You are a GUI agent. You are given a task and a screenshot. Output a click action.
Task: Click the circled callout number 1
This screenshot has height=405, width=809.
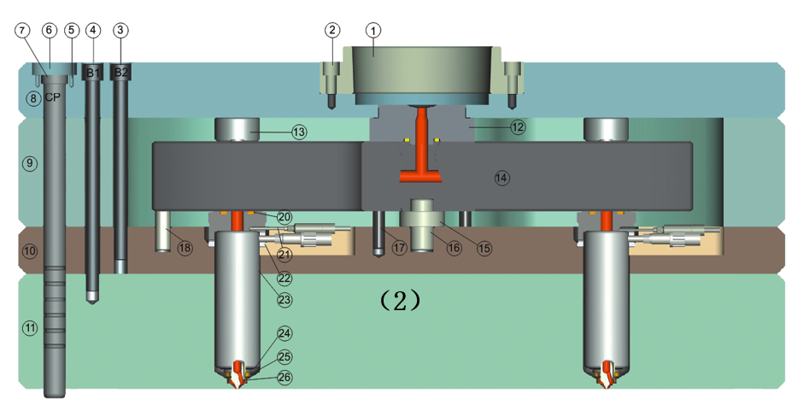(372, 30)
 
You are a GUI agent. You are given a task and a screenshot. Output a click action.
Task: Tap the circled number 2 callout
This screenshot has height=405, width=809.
(332, 30)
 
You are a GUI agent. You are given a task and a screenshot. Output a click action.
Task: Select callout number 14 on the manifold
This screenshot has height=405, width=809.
(501, 178)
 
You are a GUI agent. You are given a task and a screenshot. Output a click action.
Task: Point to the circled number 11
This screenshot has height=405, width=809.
(30, 327)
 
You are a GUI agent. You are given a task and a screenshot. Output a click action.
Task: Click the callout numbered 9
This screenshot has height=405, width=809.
(30, 161)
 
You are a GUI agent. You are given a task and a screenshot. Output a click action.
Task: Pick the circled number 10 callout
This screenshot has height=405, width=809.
(30, 251)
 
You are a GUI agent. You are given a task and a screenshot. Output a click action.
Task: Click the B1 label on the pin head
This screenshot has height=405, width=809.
(92, 73)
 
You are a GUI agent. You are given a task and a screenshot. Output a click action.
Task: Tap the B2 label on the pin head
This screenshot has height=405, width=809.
(121, 72)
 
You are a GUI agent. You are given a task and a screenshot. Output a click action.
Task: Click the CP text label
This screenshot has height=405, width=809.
(52, 97)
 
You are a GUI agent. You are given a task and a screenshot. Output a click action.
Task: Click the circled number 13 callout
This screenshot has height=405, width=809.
(298, 132)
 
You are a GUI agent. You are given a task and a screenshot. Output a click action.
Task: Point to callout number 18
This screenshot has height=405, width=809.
(185, 248)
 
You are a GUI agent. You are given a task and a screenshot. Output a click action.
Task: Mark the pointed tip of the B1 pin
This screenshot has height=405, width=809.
(92, 299)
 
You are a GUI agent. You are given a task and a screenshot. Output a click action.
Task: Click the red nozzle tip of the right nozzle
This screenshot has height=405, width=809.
(607, 374)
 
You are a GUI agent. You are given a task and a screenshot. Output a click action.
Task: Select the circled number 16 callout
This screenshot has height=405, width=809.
(454, 248)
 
